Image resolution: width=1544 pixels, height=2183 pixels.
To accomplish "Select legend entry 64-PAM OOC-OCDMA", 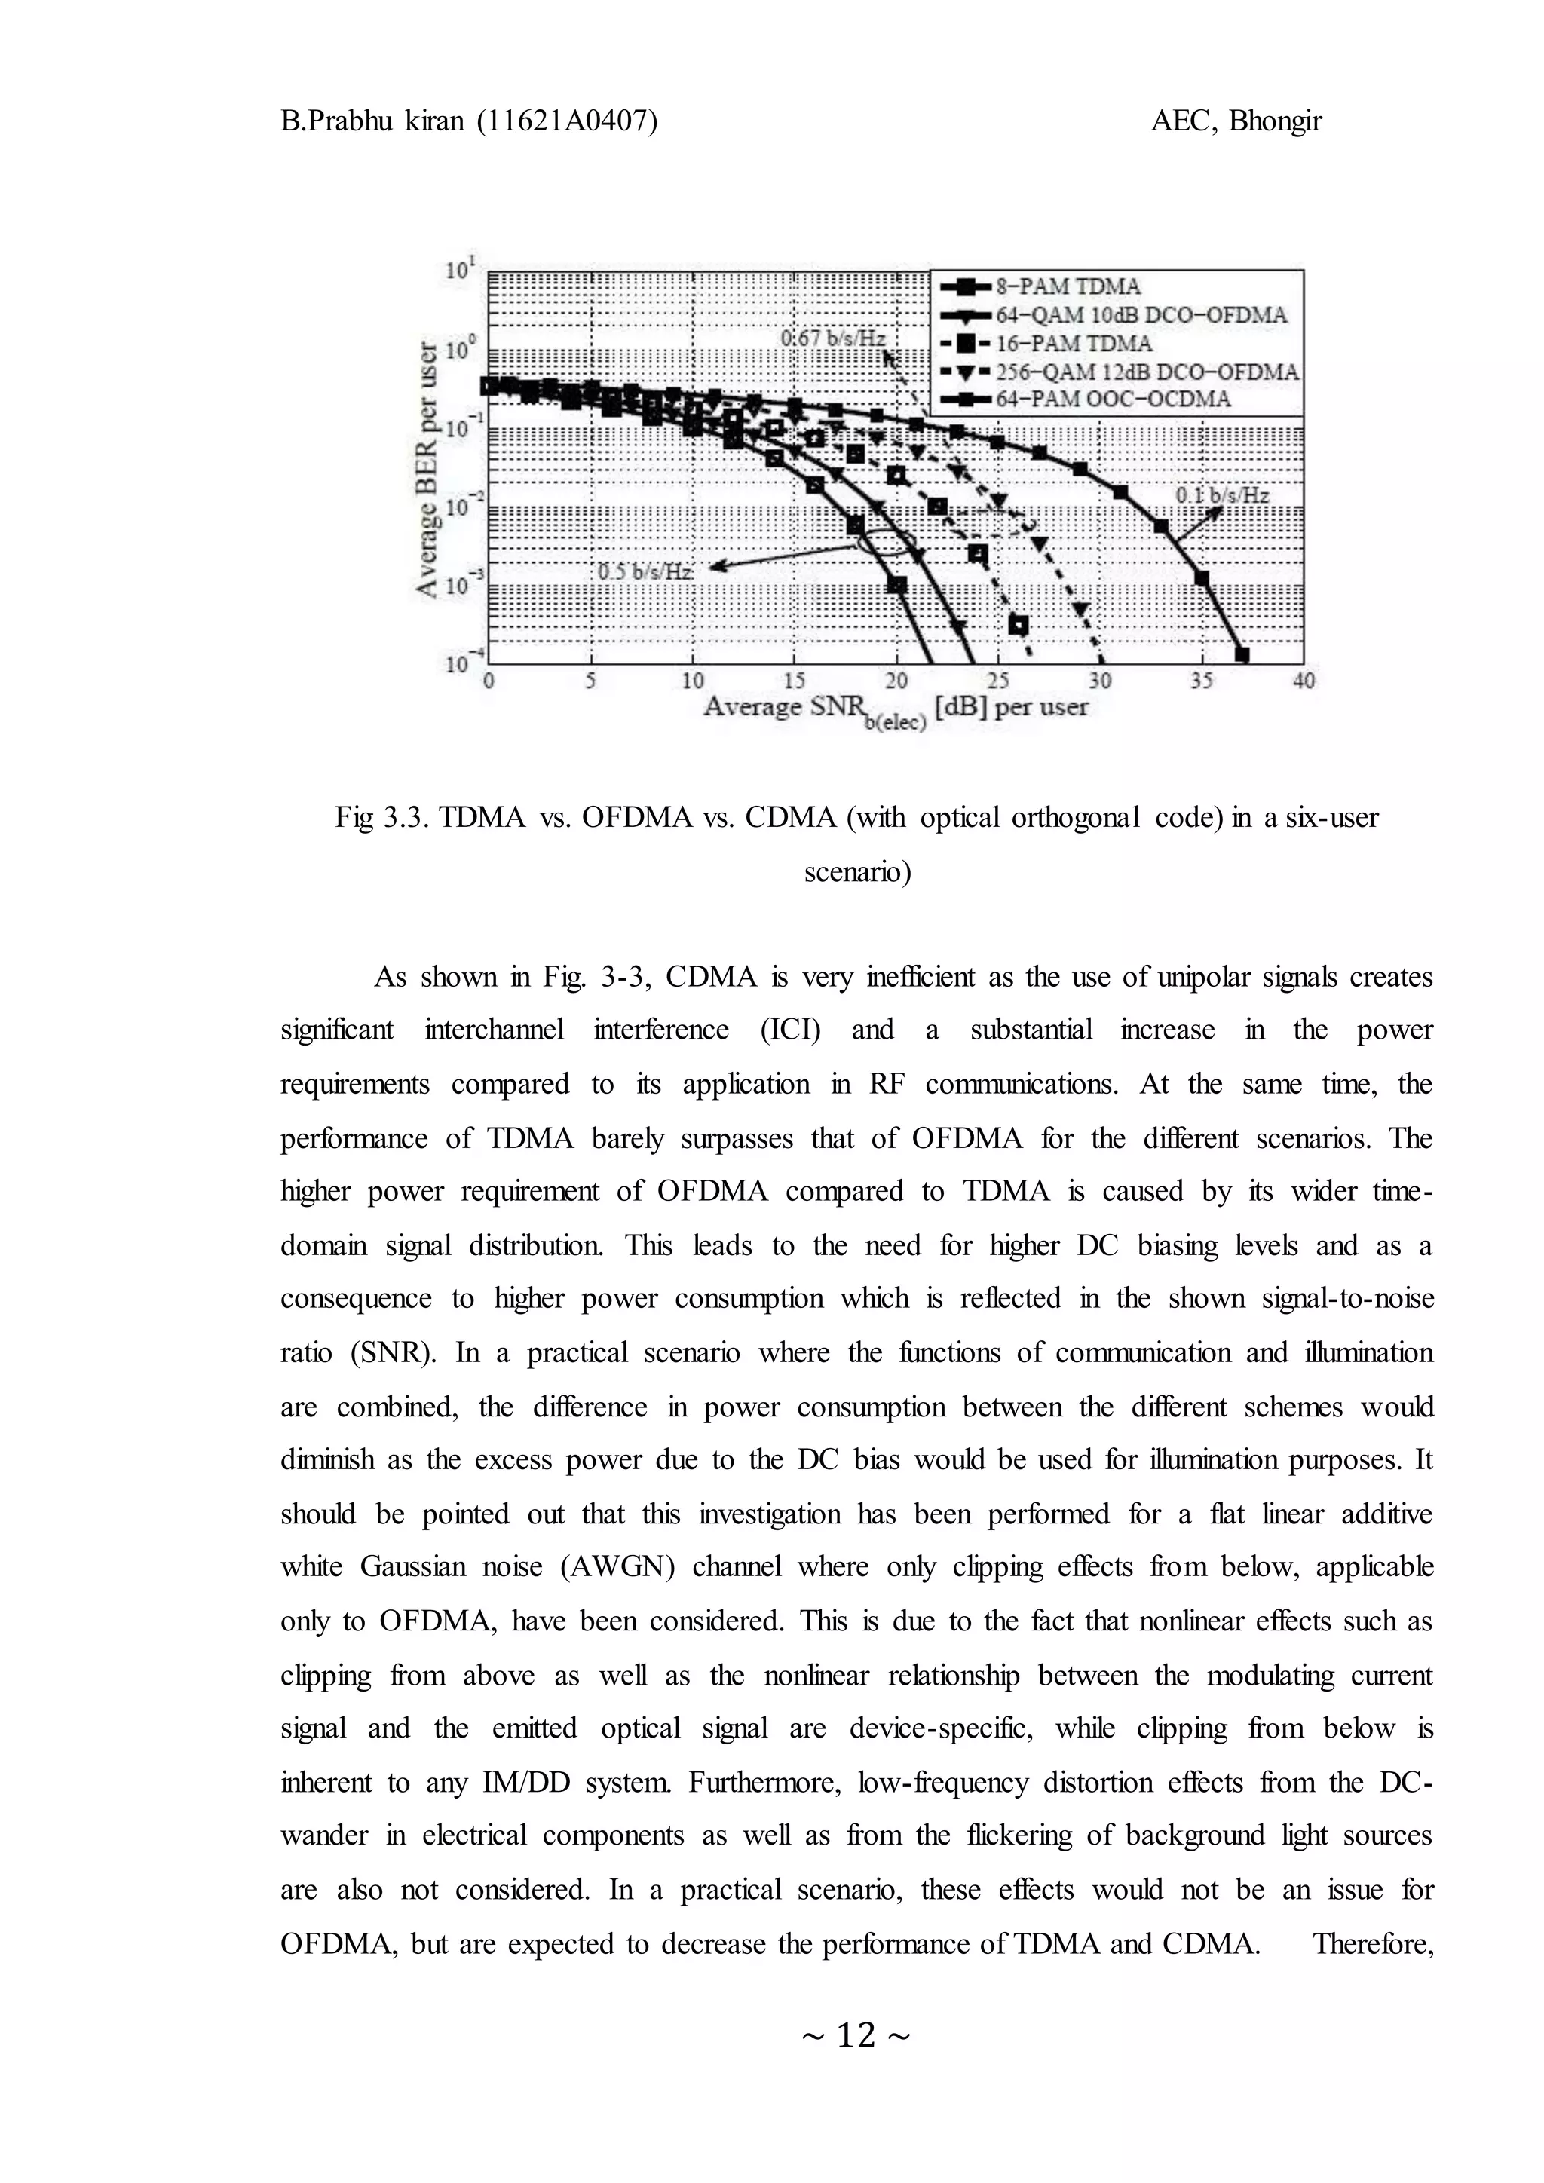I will coord(1112,400).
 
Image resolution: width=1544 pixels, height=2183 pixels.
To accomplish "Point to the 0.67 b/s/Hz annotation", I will coord(833,338).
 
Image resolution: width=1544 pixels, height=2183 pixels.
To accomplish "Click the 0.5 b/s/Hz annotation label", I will coord(645,572).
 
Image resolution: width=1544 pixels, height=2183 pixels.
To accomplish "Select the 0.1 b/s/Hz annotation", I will coord(1221,495).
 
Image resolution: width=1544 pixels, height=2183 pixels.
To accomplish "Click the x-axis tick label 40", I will coord(1304,681).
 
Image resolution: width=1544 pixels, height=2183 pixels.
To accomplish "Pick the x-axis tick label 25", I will coord(998,681).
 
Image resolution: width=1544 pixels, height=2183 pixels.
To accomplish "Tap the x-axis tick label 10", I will coord(692,681).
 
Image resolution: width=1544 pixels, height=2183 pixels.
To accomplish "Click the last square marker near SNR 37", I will coord(1242,654).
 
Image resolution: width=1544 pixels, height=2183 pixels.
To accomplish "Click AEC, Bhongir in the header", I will coord(1236,121).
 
